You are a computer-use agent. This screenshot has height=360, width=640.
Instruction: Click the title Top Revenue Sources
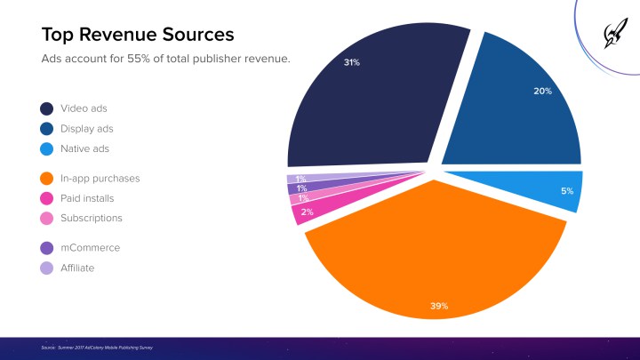[x=138, y=35]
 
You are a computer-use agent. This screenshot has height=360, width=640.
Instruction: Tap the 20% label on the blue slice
[x=542, y=91]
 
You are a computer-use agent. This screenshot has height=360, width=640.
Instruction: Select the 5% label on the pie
[x=567, y=191]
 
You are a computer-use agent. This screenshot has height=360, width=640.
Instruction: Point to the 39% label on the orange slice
[x=439, y=306]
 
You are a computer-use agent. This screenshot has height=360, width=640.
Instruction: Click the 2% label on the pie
[x=307, y=212]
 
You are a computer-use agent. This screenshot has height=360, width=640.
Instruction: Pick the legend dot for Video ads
[x=46, y=108]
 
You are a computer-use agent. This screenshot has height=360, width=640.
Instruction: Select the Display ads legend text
[x=87, y=129]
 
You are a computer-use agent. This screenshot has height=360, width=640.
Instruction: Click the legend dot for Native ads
[x=46, y=148]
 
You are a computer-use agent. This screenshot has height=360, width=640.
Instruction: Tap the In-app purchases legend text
[x=100, y=179]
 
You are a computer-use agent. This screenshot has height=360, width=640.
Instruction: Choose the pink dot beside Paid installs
[x=46, y=198]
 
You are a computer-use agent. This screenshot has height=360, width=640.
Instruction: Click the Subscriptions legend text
[x=91, y=218]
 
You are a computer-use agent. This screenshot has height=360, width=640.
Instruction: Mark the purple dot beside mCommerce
[x=46, y=248]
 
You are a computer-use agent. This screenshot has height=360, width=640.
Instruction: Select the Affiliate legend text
[x=77, y=268]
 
